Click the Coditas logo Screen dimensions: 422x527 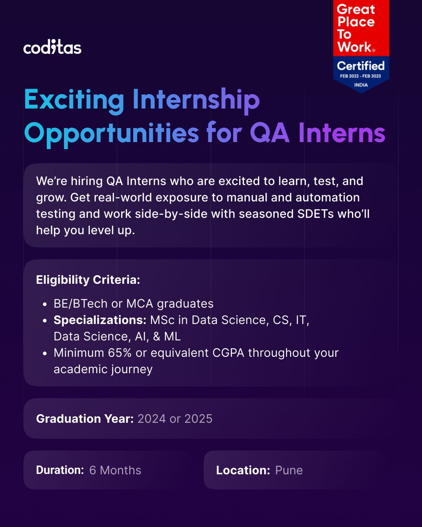52,47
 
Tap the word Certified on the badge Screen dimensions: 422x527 361,66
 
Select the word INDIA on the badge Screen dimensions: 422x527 361,85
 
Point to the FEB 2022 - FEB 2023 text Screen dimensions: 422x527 360,76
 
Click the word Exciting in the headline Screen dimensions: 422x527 74,100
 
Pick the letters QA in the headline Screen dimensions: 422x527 270,133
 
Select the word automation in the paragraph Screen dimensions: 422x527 327,198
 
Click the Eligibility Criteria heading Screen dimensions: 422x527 88,280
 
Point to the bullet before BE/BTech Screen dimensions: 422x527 45,304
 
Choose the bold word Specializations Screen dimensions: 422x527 100,320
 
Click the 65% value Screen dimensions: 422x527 120,353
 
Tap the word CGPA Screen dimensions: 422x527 228,353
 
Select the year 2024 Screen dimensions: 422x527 152,418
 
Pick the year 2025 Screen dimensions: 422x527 198,418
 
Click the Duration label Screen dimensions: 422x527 60,470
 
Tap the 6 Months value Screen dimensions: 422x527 115,470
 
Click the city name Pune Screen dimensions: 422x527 289,470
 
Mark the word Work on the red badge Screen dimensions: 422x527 354,46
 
